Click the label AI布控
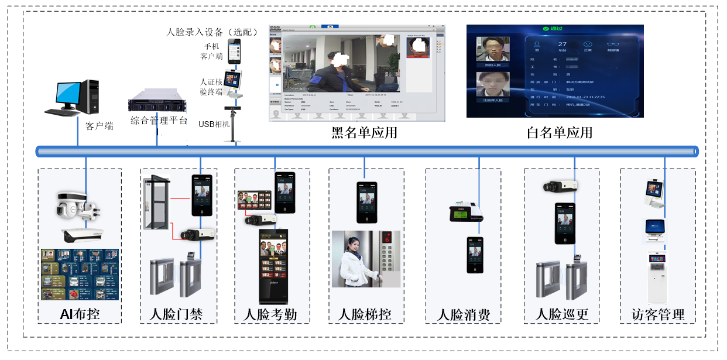pyautogui.click(x=80, y=314)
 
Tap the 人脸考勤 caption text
pyautogui.click(x=270, y=314)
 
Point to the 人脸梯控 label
pyautogui.click(x=365, y=314)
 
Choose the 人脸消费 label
pyautogui.click(x=463, y=314)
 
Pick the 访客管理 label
pyautogui.click(x=658, y=314)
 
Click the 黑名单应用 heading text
pyautogui.click(x=364, y=133)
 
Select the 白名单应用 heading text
pyautogui.click(x=560, y=133)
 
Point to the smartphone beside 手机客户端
pyautogui.click(x=234, y=52)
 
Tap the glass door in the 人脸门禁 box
pyautogui.click(x=157, y=202)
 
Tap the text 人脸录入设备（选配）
pyautogui.click(x=212, y=32)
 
